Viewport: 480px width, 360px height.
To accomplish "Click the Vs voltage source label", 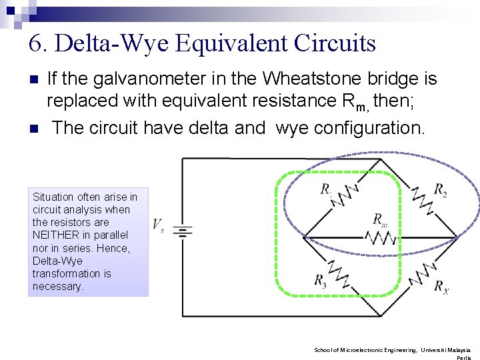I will point(158,225).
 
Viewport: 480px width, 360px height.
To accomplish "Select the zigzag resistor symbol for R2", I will point(421,198).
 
